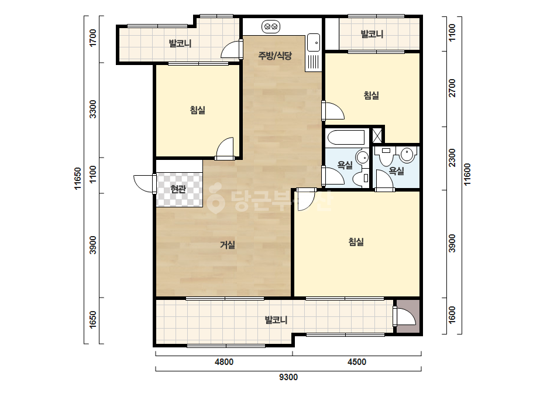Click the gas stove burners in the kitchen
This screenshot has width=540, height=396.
point(271,26)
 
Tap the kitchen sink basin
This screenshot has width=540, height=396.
point(314,42)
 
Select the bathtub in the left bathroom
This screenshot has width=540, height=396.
point(346,138)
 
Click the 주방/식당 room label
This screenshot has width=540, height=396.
point(275,56)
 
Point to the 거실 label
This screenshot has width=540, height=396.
point(228,245)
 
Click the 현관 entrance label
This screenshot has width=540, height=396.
point(178,189)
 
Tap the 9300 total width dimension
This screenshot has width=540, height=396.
point(288,377)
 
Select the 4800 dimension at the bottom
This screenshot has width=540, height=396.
point(224,362)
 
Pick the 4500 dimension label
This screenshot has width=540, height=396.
point(357,362)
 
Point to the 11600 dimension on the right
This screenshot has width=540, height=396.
point(467,174)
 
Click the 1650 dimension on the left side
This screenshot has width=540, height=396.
point(93,320)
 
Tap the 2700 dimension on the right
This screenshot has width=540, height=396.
point(452,88)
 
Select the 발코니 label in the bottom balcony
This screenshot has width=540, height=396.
point(276,320)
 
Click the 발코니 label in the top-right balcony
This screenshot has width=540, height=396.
point(372,34)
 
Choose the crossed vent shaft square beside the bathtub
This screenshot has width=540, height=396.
point(377,135)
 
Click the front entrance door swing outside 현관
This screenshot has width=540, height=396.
point(143,183)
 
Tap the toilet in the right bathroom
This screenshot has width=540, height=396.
point(386,156)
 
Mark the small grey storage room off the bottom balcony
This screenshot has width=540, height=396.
point(408,316)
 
